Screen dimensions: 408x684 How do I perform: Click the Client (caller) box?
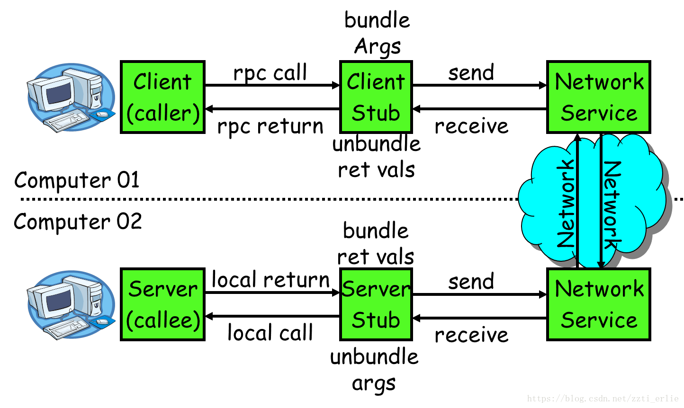click(162, 97)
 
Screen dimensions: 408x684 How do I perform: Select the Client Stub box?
click(376, 97)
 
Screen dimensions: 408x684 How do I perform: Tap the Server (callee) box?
click(162, 304)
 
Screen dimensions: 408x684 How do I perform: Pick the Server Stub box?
click(376, 304)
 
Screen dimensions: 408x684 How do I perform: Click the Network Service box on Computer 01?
click(599, 97)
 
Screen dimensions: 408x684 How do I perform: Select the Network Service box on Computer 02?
click(599, 304)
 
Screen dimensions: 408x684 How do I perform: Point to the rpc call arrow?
click(272, 86)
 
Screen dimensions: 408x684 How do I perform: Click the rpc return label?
click(270, 127)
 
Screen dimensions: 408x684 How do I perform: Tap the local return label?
click(270, 280)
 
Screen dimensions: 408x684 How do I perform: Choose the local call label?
click(270, 333)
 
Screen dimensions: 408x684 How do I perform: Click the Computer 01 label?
click(77, 180)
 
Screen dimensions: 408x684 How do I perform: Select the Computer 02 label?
click(78, 222)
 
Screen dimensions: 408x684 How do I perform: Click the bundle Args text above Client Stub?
click(377, 33)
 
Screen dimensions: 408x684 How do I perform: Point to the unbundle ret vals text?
click(377, 157)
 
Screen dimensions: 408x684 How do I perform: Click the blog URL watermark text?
click(603, 399)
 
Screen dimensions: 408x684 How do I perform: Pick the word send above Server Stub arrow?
click(471, 282)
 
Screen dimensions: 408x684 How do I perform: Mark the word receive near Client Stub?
click(471, 126)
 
